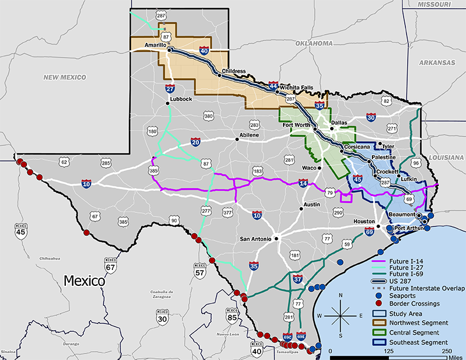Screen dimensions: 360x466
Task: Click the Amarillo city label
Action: coord(152,45)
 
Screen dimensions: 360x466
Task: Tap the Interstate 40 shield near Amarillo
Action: coord(204,51)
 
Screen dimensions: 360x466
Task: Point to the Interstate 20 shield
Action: coord(196,142)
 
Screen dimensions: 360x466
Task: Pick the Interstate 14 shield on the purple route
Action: coord(302,184)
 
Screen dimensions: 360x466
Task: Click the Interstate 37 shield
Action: coord(298,279)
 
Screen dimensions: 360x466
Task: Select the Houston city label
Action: coord(364,221)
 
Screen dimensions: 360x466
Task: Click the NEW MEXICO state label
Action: coord(65,77)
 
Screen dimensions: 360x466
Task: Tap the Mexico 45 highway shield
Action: coord(21,230)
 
